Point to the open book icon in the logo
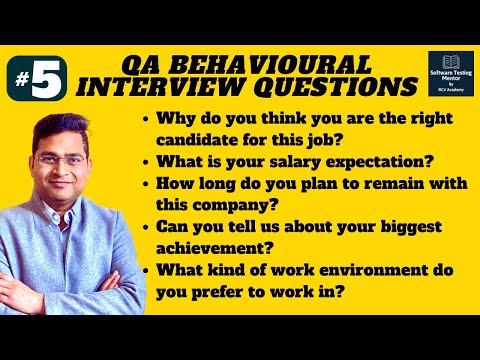[450, 62]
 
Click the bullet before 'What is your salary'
[149, 160]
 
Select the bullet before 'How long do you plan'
[149, 184]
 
